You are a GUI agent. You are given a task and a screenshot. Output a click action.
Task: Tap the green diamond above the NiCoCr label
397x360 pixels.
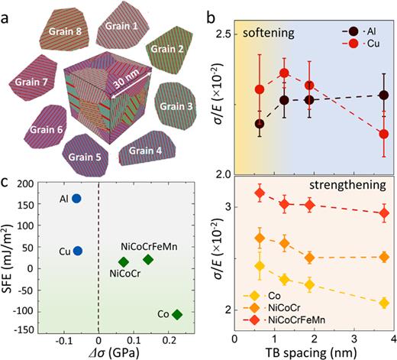123,262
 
